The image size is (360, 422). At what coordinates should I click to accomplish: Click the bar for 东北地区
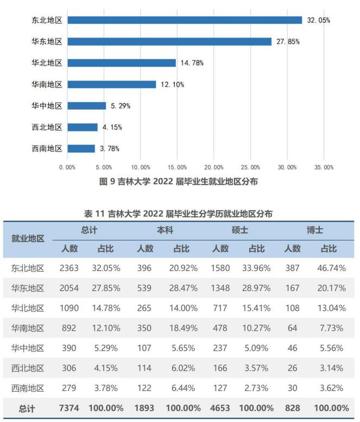point(185,20)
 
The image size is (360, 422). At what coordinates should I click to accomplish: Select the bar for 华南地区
point(112,84)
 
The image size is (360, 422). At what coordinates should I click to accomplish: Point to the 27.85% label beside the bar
point(288,41)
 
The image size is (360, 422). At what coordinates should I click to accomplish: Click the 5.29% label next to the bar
point(119,106)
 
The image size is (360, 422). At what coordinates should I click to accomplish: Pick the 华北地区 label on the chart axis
point(47,63)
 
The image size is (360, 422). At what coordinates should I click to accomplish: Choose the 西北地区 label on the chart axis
point(47,127)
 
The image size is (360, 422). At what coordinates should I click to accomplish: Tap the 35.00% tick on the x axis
point(324,167)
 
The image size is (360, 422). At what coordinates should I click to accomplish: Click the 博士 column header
point(315,230)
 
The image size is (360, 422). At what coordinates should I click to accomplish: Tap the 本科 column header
point(165,230)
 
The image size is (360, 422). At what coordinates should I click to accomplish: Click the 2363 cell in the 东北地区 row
point(69,268)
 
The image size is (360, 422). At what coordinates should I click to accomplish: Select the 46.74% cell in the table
point(330,268)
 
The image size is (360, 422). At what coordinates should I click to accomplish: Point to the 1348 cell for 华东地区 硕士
point(220,288)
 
